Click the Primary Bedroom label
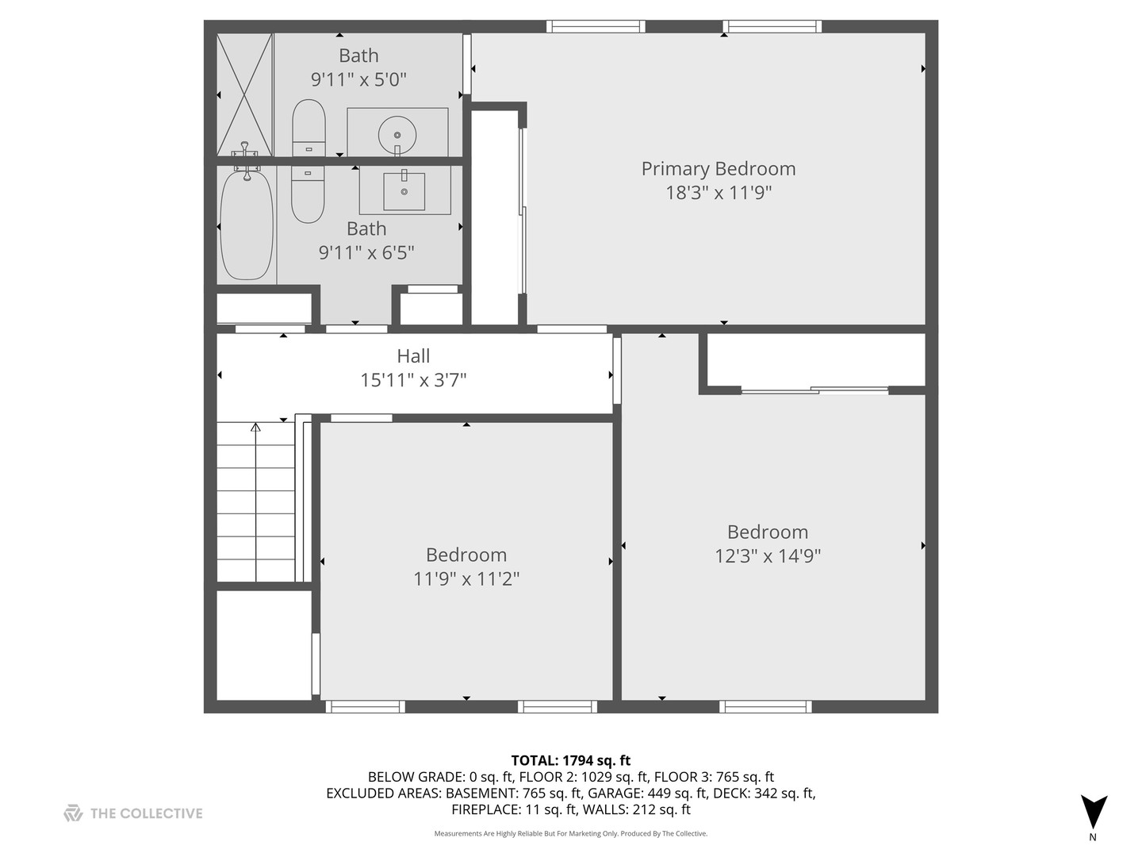pos(718,168)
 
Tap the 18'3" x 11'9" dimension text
pos(718,193)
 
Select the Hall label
pos(413,356)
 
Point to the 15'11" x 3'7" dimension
pos(413,380)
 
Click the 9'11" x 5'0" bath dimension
pos(358,79)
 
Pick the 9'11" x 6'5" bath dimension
pos(366,252)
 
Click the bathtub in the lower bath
pos(247,226)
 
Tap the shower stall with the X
pos(245,94)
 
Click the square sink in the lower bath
pos(404,190)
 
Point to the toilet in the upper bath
pos(308,127)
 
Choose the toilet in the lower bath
pos(308,194)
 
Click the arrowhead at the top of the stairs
pos(255,428)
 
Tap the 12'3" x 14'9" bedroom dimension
pos(767,555)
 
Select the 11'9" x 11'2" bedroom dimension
pos(466,579)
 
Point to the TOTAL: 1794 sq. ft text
pos(570,761)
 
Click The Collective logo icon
pos(73,813)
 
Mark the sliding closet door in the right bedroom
pos(815,390)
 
